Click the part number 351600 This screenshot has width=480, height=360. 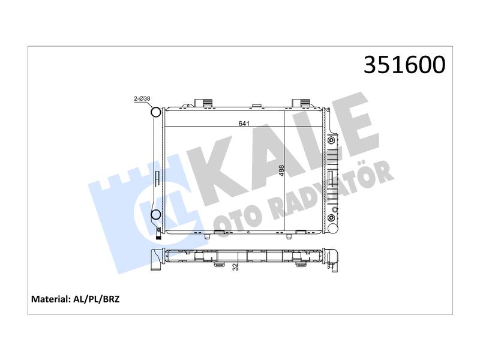(404, 65)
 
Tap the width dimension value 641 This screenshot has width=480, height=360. (244, 124)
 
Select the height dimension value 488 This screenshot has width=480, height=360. (281, 170)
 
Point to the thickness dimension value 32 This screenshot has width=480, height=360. (235, 266)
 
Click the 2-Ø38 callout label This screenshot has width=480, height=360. (142, 98)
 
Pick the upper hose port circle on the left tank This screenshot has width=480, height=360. (156, 112)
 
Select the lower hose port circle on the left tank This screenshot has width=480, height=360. (156, 215)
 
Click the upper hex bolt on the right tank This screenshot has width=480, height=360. (331, 140)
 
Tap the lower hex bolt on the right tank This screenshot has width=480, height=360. (331, 218)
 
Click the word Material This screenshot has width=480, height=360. (50, 299)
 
